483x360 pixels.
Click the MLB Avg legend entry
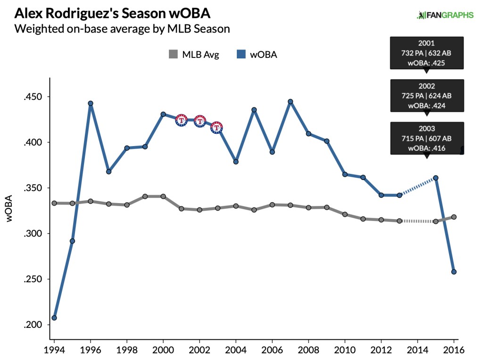click(194, 55)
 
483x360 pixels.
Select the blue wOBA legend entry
click(256, 55)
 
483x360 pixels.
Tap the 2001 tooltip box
click(426, 52)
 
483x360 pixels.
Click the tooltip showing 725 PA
click(426, 96)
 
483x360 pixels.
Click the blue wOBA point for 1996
click(91, 103)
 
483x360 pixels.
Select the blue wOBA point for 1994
click(54, 318)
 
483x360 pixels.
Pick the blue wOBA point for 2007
click(291, 101)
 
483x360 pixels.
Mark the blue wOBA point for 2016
click(454, 272)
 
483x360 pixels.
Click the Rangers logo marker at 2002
click(200, 121)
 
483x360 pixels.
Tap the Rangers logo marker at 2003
click(217, 127)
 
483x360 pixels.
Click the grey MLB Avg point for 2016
click(454, 217)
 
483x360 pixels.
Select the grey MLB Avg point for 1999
click(145, 196)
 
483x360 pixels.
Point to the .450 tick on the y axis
click(33, 97)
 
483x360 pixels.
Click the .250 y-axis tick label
click(33, 279)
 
